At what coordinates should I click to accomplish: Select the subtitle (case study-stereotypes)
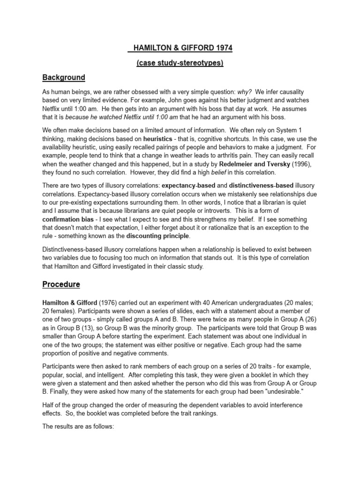180,63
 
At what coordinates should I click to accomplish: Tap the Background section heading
64,77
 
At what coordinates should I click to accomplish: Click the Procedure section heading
61,284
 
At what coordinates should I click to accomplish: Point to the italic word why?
245,92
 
